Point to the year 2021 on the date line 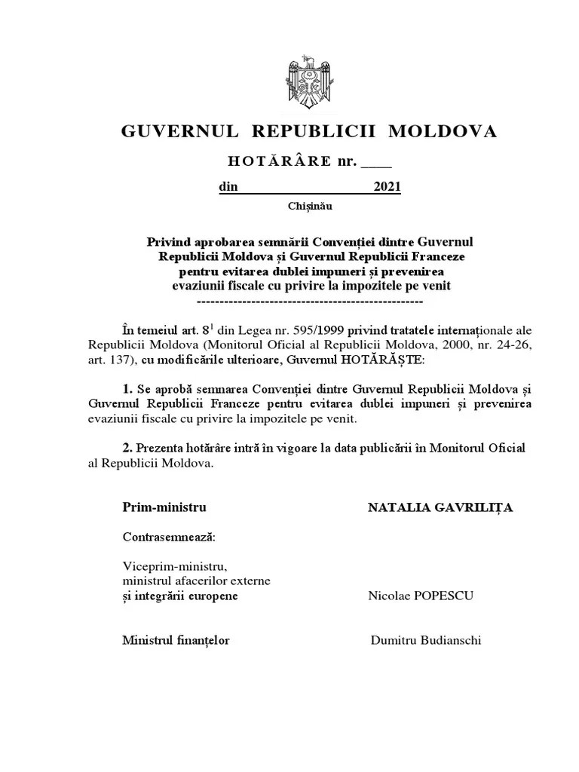(x=388, y=188)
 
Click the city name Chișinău (x=309, y=205)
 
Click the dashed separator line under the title (x=309, y=300)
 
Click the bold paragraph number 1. (x=127, y=389)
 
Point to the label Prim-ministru (x=164, y=507)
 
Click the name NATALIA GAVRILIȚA (x=440, y=507)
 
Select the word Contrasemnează (x=168, y=538)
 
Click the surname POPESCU (x=446, y=596)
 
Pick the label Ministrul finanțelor (x=176, y=641)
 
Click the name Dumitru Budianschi (x=426, y=641)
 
